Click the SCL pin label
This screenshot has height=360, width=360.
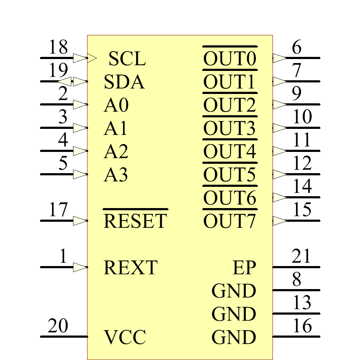coord(127,59)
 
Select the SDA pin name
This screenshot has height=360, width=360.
coord(124,82)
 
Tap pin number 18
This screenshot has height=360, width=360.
coord(58,47)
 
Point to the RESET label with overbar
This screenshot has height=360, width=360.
coord(135,221)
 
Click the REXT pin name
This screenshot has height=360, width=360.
coord(130,267)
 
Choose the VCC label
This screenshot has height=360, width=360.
coord(125,337)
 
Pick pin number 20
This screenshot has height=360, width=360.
coord(58,326)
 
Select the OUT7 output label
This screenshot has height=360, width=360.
coord(230,221)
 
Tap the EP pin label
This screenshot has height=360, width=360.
coord(244,267)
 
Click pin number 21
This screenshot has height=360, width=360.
coord(301,256)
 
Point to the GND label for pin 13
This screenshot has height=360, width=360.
coord(234,314)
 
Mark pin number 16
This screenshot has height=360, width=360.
coord(302,326)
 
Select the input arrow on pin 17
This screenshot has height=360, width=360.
coord(80,221)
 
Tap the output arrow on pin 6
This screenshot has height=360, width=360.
coord(279,58)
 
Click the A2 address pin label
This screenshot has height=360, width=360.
coord(116,152)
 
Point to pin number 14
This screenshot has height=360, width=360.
coord(302,186)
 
